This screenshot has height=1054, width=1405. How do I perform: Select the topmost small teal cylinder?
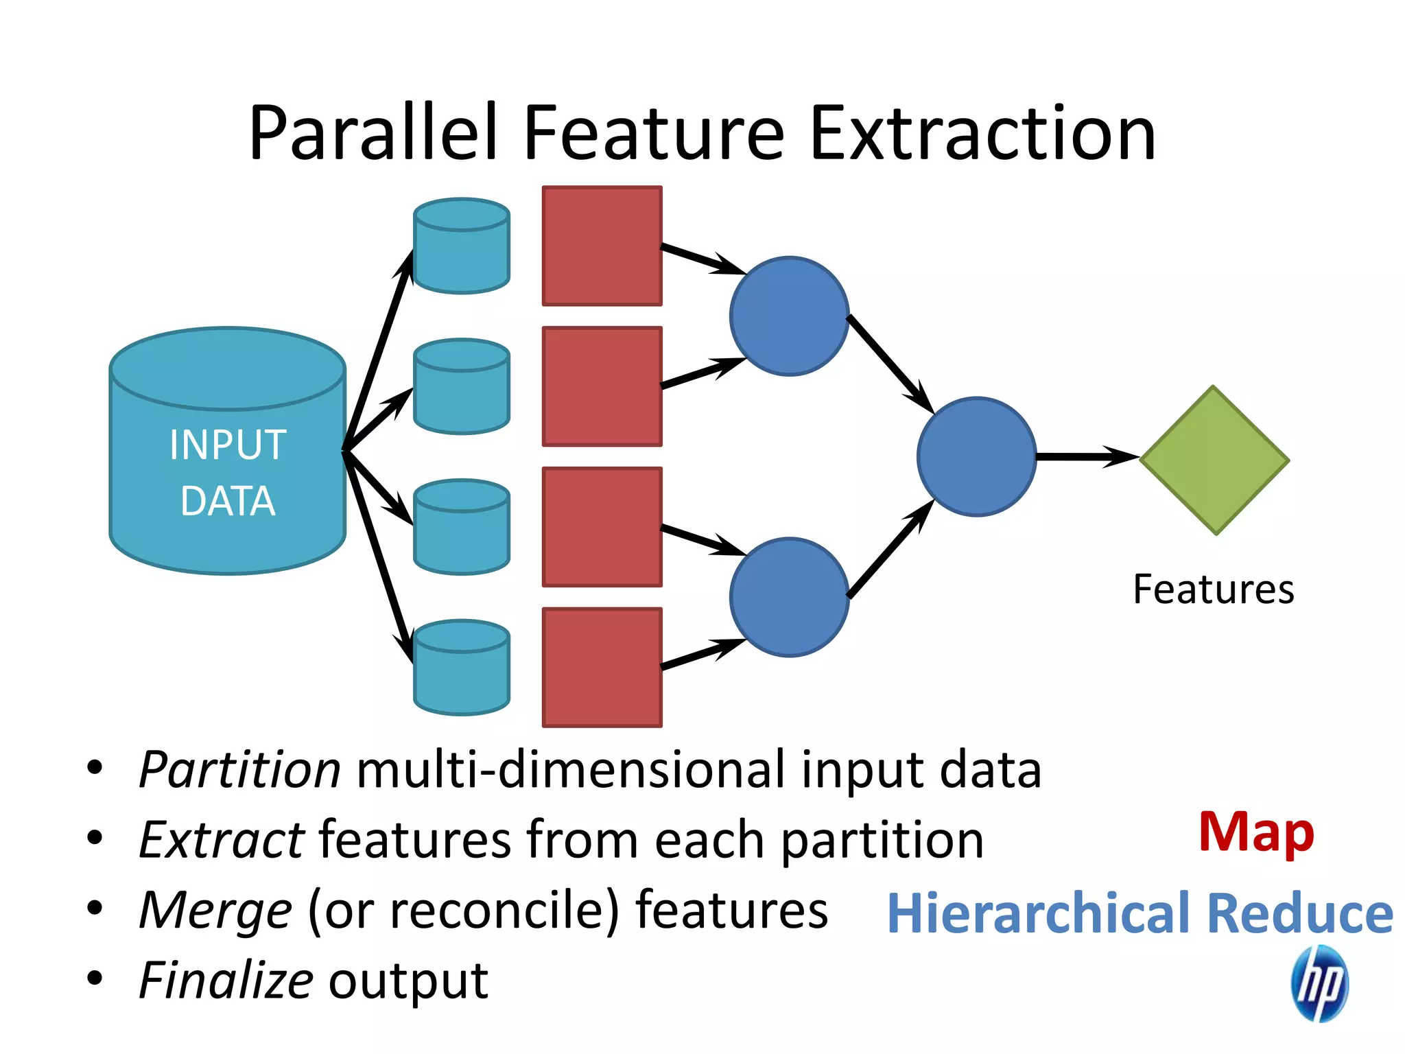coord(462,246)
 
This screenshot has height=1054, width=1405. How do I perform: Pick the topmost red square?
coord(602,246)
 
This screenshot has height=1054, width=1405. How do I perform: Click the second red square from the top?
coord(602,386)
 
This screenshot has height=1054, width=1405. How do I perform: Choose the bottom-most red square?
coord(602,667)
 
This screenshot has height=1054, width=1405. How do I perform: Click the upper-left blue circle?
coord(789,316)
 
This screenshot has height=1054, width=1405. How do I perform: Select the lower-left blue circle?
coord(789,597)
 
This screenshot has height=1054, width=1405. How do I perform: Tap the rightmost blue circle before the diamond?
coord(976,456)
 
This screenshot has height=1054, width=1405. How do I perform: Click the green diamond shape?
coord(1214,460)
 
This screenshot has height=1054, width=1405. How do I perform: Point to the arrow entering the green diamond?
coord(1087,456)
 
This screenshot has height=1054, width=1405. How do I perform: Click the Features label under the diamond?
coord(1213,589)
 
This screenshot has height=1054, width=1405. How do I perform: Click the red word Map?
coord(1256,832)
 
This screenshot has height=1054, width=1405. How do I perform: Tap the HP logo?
coord(1319,983)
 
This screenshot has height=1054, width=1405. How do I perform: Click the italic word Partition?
coord(239,770)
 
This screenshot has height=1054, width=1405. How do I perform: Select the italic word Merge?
coord(215,911)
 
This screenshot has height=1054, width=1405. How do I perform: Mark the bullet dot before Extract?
coord(95,838)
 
